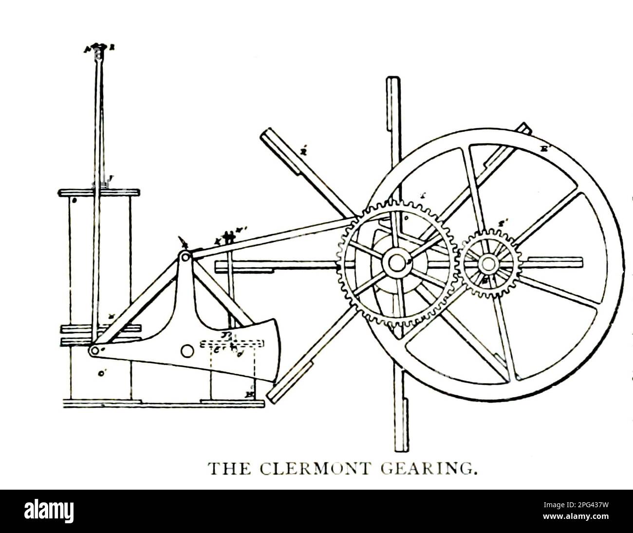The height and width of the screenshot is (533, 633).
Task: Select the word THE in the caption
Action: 229,469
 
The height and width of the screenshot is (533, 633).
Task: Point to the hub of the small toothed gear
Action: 487,263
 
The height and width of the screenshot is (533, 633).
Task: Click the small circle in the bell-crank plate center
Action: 186,350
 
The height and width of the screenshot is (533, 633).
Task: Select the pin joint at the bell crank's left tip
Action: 93,350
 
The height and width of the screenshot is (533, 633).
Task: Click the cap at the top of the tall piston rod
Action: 99,48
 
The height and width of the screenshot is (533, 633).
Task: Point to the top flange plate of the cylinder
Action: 99,192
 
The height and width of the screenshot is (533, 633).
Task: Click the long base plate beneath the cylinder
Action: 163,403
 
